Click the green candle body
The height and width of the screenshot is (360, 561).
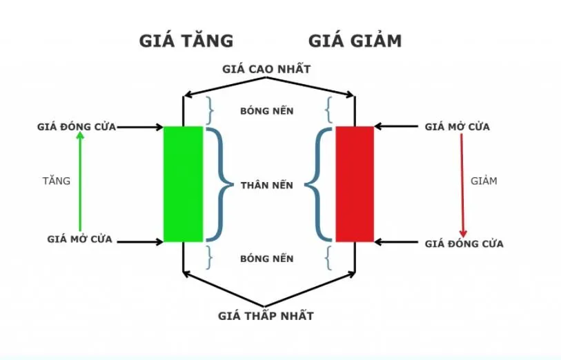point(183,183)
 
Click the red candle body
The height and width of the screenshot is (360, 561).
point(355,183)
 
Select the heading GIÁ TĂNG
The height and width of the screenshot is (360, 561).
point(186,41)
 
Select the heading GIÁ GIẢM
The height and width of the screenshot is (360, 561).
point(355,41)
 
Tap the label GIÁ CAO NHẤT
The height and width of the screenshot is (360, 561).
point(267,69)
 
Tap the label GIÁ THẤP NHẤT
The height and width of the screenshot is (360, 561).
point(266,316)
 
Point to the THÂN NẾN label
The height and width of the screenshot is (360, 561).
point(267,186)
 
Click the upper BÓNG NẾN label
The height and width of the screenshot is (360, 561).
point(267,110)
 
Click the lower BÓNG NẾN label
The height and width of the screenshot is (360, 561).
point(267,259)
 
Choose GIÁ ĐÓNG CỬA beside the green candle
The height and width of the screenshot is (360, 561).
point(77,127)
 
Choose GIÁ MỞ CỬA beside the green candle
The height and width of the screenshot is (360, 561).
point(80,240)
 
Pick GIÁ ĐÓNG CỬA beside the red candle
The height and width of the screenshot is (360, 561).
point(464,243)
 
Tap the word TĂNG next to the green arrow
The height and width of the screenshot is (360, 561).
point(56,181)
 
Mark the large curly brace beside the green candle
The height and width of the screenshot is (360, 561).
point(218,184)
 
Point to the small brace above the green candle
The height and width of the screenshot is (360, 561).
point(210,110)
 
